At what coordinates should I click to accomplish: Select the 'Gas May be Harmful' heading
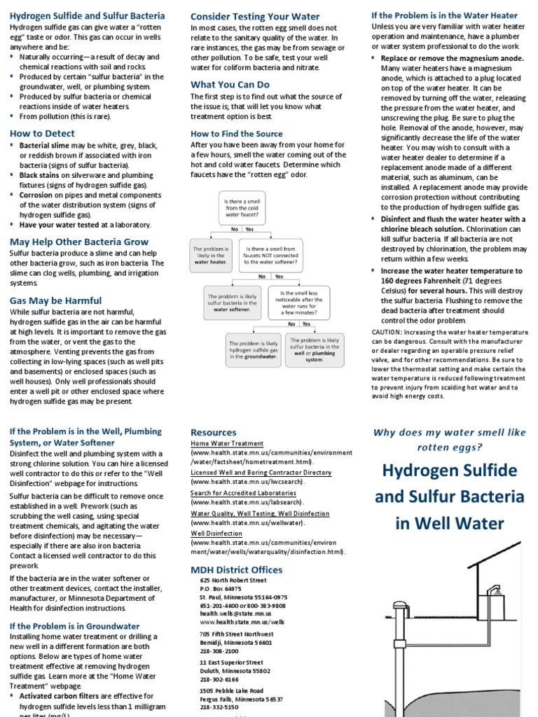click(x=55, y=300)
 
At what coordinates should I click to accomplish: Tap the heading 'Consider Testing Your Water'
click(x=255, y=16)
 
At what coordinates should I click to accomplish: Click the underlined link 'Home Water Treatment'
click(x=227, y=443)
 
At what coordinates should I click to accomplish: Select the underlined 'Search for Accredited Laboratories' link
click(x=242, y=493)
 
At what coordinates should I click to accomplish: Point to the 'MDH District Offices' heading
click(x=237, y=570)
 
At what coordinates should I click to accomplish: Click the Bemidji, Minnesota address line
click(x=235, y=642)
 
